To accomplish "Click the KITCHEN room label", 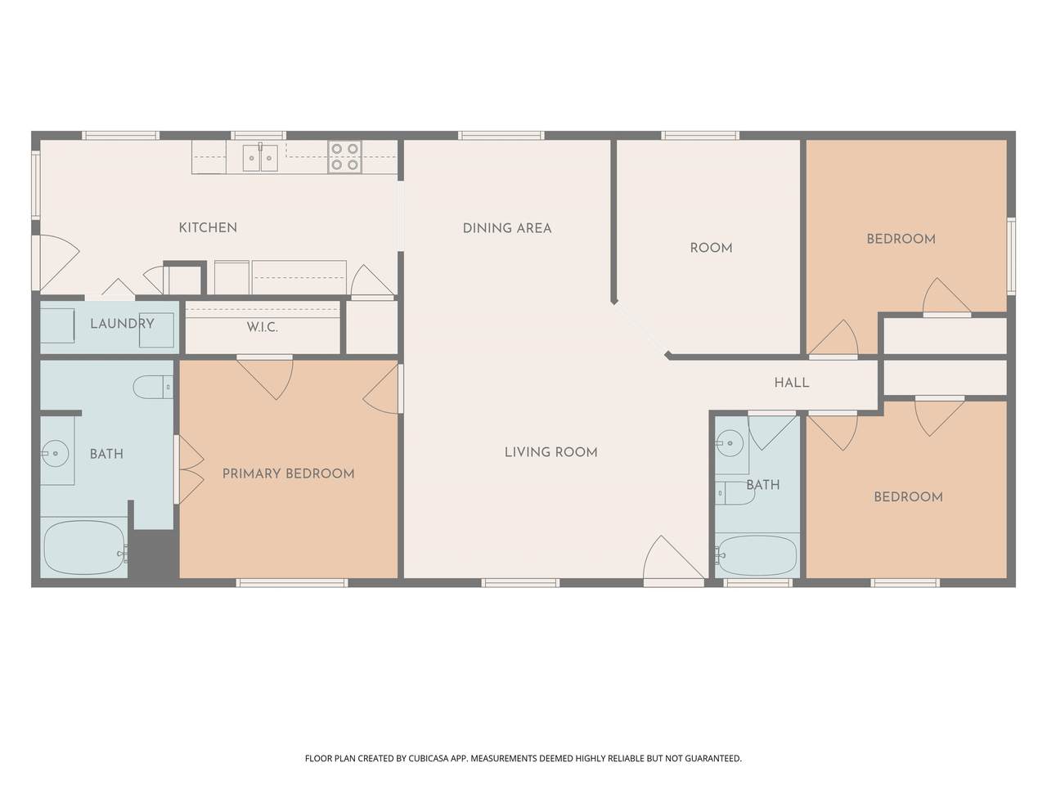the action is click(208, 228).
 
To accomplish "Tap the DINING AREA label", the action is click(507, 228).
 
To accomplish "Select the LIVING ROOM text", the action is click(551, 452).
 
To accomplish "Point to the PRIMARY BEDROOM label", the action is click(288, 473).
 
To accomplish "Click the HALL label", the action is click(791, 382).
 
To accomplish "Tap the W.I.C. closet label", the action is click(262, 327).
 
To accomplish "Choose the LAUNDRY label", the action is click(122, 324).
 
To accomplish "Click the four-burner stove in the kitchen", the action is click(344, 157).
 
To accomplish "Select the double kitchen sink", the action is click(260, 158).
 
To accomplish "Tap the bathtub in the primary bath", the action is click(84, 547).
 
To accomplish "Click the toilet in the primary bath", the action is click(153, 387).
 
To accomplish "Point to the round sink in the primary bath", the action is click(56, 453).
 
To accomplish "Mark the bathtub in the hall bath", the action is click(756, 556).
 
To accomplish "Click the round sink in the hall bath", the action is click(730, 443).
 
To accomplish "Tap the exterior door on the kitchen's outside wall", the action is click(56, 262).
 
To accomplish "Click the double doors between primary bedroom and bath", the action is click(189, 469).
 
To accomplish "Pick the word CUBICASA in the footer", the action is click(427, 758).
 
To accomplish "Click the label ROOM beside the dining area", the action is click(711, 248).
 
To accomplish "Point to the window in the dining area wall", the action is click(501, 136).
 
